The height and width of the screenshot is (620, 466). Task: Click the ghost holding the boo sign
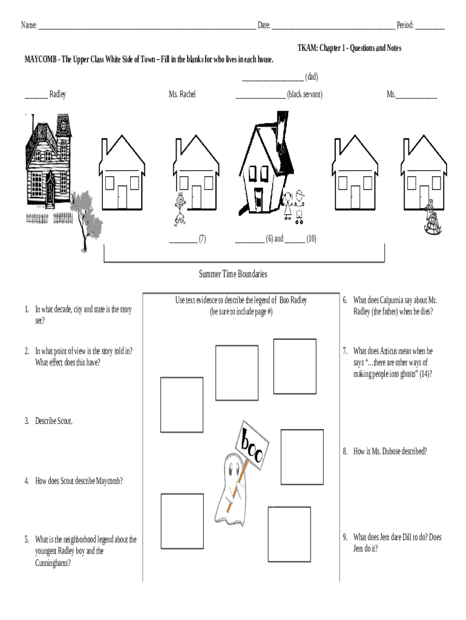(232, 484)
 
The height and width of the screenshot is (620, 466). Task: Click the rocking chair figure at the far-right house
(431, 217)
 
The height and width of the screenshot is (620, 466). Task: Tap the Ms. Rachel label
(182, 94)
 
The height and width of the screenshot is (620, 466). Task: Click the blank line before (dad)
(272, 77)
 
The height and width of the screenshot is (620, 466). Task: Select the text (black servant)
(304, 94)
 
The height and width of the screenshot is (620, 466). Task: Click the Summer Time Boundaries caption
(233, 274)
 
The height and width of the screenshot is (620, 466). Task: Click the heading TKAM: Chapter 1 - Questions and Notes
(349, 48)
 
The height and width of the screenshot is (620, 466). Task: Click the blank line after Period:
(430, 25)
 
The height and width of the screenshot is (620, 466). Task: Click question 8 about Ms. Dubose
(389, 451)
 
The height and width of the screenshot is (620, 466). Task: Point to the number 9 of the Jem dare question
(344, 537)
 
